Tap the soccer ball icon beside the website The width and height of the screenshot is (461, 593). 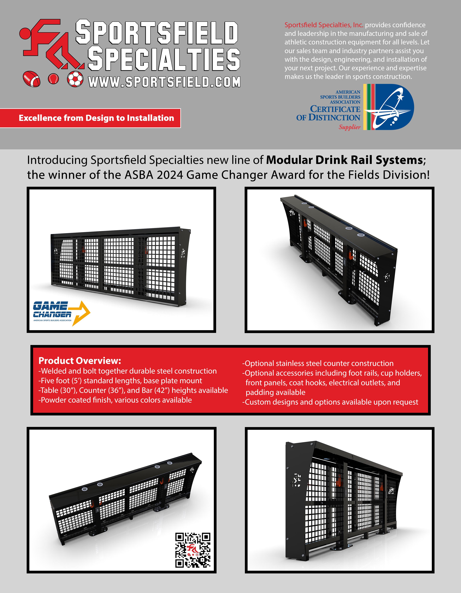(75, 79)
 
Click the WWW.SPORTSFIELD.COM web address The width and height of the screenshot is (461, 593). (164, 82)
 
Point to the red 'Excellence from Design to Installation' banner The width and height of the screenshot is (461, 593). (90, 118)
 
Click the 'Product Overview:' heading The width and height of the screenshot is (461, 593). (79, 361)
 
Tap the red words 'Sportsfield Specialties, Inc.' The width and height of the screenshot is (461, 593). (324, 25)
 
